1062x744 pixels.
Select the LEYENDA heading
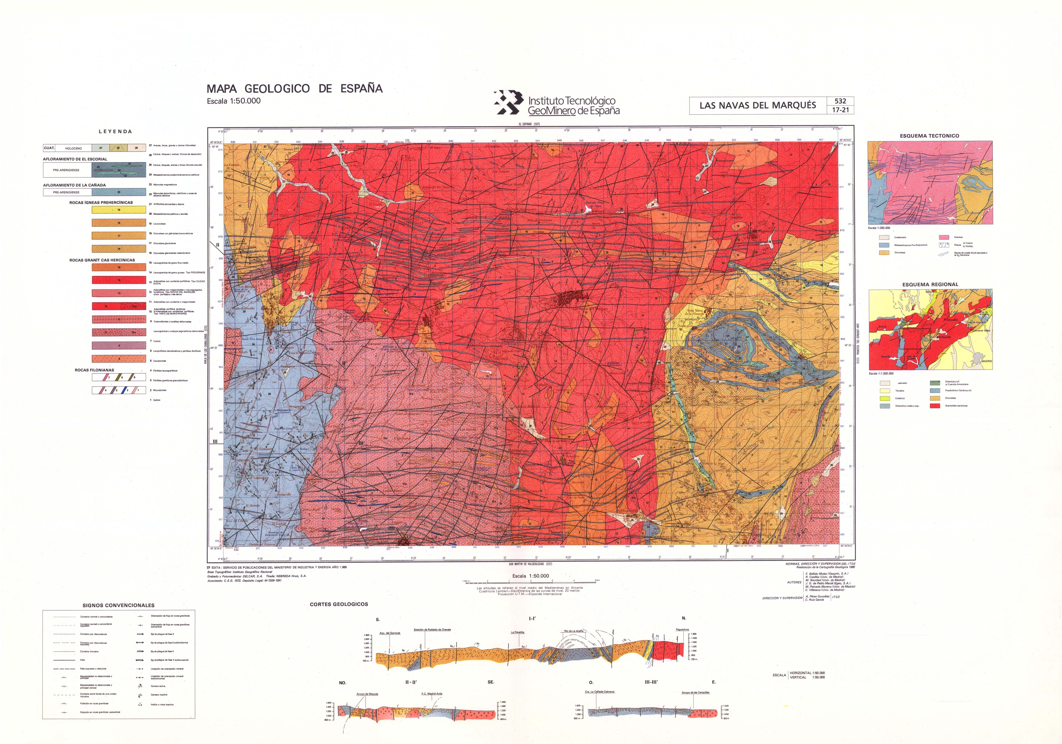point(115,131)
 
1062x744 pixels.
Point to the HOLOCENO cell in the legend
point(74,148)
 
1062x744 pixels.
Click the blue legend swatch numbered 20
point(119,192)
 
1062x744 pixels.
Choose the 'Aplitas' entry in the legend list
point(157,400)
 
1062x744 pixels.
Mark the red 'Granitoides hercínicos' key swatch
point(935,406)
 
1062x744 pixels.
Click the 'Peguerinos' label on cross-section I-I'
point(682,629)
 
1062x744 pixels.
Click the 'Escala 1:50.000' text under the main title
point(234,101)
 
